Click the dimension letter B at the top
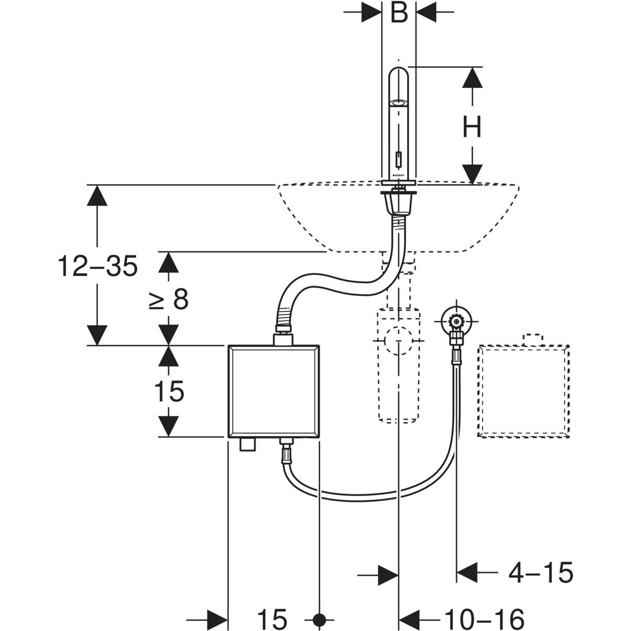tap(399, 13)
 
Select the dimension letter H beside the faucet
tap(472, 127)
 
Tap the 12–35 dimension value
tap(98, 267)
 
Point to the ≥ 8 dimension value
tap(168, 300)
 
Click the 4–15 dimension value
tap(540, 573)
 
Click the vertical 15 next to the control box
tap(168, 392)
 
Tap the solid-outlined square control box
tap(273, 391)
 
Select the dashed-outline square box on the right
tap(523, 391)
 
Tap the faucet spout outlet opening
tap(399, 103)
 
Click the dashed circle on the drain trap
tap(399, 340)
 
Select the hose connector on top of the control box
tap(283, 334)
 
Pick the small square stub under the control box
tap(246, 445)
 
